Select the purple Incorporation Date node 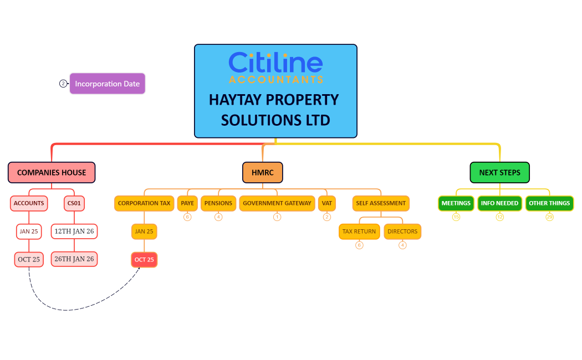(x=108, y=84)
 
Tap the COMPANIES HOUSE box (x=52, y=172)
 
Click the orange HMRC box (x=262, y=172)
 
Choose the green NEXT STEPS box (x=499, y=172)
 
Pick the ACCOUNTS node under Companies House (x=29, y=203)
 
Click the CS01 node (x=74, y=203)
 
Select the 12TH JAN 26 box (x=74, y=231)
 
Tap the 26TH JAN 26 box (x=74, y=259)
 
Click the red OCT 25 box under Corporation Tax (x=144, y=260)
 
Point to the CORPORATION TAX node (x=144, y=203)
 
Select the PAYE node (x=187, y=203)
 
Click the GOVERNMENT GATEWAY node (x=277, y=203)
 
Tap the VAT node (x=327, y=203)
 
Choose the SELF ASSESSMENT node (x=381, y=203)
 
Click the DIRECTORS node (x=402, y=232)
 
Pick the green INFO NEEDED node (x=499, y=203)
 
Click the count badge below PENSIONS (x=218, y=217)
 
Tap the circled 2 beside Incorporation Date (x=63, y=84)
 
